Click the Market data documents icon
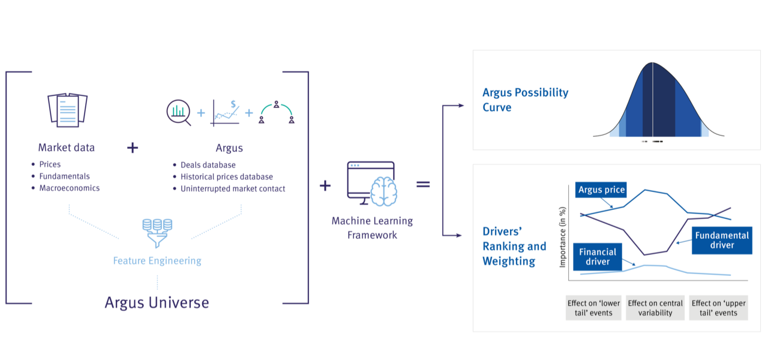click(x=67, y=109)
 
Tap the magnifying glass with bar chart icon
click(x=178, y=112)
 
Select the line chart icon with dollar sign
click(x=226, y=112)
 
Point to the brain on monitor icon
click(x=371, y=184)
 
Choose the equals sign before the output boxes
click(x=424, y=184)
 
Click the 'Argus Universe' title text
click(x=157, y=302)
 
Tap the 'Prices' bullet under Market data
click(x=50, y=164)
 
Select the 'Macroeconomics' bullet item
click(x=69, y=188)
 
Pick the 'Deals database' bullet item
click(x=208, y=164)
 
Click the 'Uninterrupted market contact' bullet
click(x=233, y=188)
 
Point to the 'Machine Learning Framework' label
click(x=372, y=228)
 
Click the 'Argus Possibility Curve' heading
click(x=525, y=100)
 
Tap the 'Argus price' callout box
click(x=601, y=190)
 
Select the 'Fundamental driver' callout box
click(x=722, y=240)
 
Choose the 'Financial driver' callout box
click(x=598, y=257)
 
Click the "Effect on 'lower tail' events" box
click(x=593, y=308)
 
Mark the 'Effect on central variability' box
click(x=655, y=308)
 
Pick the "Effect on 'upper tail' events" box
click(x=718, y=308)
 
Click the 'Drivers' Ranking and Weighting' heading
click(x=514, y=245)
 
